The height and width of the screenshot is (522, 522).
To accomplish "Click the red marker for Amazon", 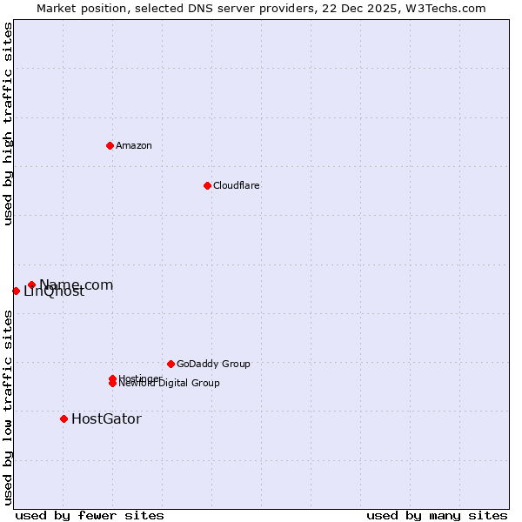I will click(x=110, y=145).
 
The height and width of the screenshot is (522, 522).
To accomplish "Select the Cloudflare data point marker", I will click(x=207, y=185).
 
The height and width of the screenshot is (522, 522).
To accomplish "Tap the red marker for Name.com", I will click(x=31, y=284).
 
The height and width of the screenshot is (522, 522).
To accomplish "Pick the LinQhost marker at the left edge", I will click(x=16, y=291).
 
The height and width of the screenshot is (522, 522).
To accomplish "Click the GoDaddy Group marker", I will click(x=171, y=364).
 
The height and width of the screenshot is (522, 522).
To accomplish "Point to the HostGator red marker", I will click(x=64, y=418).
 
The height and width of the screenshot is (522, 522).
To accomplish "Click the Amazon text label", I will click(x=134, y=145).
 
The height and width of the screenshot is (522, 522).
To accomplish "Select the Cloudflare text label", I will click(x=237, y=185).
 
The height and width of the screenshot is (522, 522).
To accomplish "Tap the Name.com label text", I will click(x=77, y=284).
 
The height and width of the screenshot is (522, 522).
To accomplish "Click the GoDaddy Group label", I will click(x=213, y=364).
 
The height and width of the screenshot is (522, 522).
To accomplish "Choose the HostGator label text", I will click(x=106, y=418).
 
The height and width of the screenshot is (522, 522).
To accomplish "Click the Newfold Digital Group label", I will click(x=171, y=384).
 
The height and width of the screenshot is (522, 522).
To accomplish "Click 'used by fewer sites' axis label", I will click(x=90, y=515).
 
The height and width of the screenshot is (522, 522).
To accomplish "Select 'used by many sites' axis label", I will click(x=437, y=515).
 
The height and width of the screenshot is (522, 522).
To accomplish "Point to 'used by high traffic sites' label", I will click(x=8, y=124).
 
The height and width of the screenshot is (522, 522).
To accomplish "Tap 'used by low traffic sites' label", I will click(x=8, y=406).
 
